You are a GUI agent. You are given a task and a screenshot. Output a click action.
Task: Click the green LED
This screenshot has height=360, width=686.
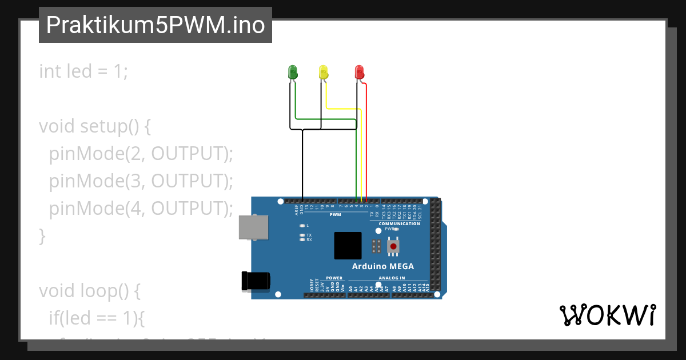point(293,73)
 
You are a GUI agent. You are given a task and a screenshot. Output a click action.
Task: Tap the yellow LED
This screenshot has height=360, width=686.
point(324,73)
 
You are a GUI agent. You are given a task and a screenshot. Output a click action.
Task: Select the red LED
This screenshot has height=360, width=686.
point(360,73)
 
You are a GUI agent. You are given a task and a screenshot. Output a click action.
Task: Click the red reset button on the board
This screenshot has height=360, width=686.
point(393,246)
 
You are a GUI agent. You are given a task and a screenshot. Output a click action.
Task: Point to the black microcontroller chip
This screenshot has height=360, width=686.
point(348,246)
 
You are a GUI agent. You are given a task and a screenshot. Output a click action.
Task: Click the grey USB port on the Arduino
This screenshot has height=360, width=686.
point(252,227)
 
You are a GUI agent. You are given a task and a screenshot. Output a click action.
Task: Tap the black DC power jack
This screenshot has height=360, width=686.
point(255,281)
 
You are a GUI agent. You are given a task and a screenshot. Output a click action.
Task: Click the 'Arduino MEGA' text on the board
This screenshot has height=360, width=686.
point(382,266)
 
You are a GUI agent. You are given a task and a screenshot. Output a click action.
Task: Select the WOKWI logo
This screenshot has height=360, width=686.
point(607,315)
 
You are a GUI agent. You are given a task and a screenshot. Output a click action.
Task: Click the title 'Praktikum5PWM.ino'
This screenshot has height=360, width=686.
point(155,25)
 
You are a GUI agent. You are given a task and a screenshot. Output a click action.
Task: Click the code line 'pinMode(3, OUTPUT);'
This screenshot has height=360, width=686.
point(141,181)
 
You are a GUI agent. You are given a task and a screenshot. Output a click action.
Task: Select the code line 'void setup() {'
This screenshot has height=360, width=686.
point(95,126)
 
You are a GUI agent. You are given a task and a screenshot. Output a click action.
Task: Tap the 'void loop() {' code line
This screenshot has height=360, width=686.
point(89,291)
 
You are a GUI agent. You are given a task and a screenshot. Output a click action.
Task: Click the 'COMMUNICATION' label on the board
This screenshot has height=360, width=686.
point(399,223)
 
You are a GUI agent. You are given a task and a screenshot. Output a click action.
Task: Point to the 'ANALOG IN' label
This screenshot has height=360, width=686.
point(392,278)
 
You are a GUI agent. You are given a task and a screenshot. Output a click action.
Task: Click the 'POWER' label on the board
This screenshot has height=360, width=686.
point(334,278)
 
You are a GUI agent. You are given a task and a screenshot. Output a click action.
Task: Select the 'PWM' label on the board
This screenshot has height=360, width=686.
point(335,214)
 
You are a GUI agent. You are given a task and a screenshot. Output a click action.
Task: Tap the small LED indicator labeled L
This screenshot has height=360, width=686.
point(302,226)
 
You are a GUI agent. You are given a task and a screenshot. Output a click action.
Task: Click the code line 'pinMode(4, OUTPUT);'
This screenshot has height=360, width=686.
point(141,209)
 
